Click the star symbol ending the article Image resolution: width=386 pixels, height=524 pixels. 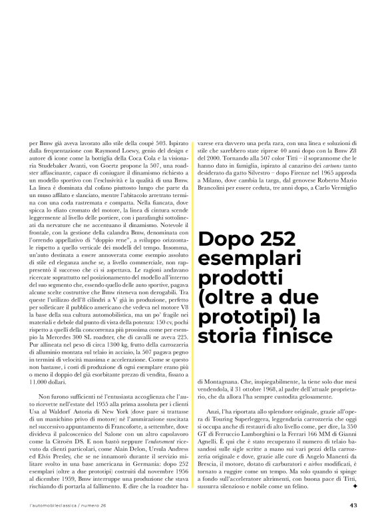(x=356, y=485)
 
